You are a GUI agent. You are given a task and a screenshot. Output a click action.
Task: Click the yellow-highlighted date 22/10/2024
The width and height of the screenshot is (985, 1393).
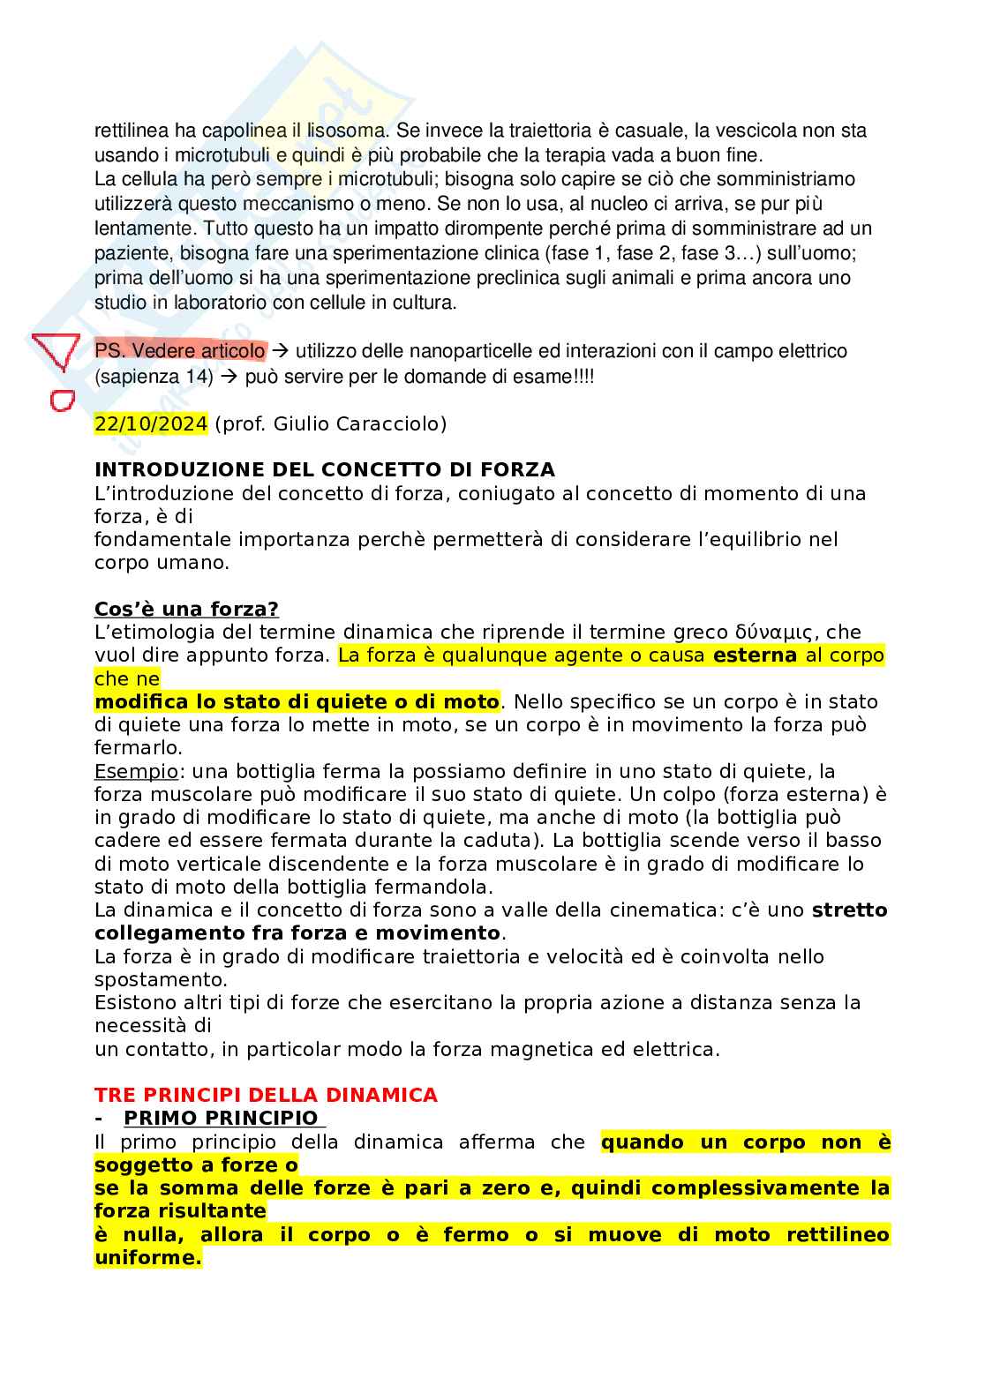pos(151,423)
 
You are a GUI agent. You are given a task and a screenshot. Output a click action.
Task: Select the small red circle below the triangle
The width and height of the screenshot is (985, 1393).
pos(60,401)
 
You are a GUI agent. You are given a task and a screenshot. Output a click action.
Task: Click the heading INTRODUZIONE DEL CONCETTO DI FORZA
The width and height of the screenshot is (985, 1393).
pos(325,469)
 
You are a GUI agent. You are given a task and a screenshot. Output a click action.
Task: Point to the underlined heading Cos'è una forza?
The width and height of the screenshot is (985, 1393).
pos(186,609)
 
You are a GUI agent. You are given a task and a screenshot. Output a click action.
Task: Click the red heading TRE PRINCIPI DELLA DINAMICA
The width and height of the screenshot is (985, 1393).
pos(266,1095)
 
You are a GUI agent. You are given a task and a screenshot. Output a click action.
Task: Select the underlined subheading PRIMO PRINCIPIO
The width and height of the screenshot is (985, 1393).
pos(221,1118)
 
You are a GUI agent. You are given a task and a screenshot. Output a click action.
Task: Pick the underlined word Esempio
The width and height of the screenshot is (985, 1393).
pos(136,771)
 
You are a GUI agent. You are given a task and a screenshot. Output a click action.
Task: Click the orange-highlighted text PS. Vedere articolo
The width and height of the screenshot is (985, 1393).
pos(179,351)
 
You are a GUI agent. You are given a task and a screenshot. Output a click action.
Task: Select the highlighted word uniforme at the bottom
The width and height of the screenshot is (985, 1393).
pos(147,1257)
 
